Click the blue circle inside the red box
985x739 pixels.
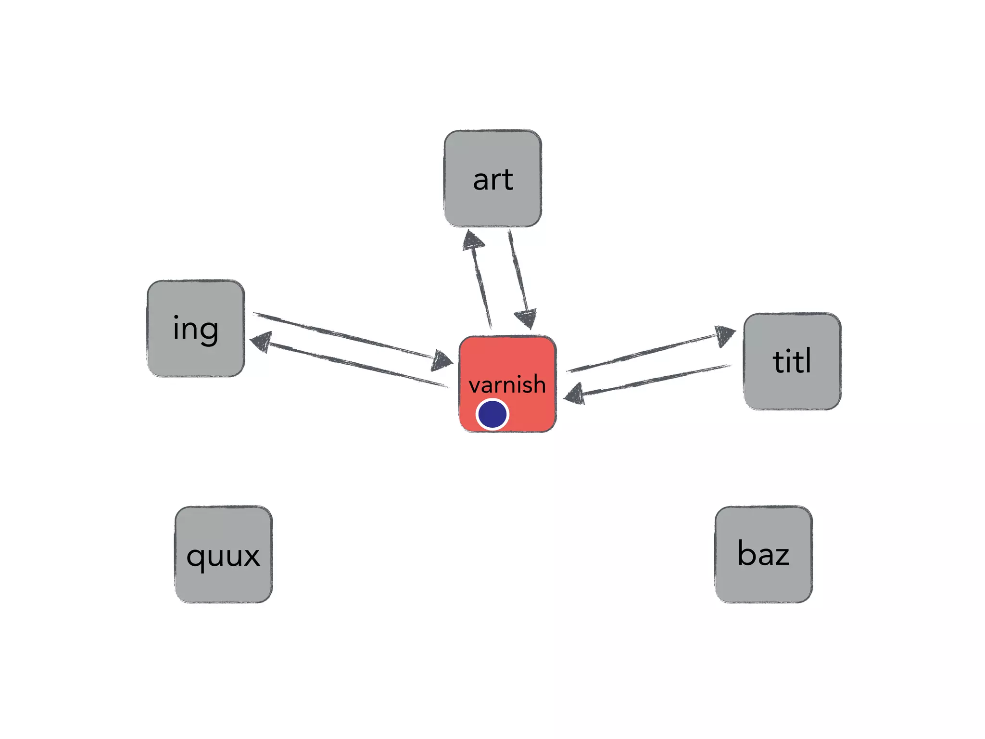(x=492, y=414)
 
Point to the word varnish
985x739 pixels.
(x=507, y=384)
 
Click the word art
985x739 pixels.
(x=492, y=179)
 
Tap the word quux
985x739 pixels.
(x=223, y=556)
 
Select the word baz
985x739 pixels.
(x=763, y=554)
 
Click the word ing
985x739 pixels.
(x=196, y=329)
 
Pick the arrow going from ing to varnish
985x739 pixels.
(x=346, y=336)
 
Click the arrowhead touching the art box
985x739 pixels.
(x=473, y=241)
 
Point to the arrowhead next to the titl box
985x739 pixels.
(x=724, y=335)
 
